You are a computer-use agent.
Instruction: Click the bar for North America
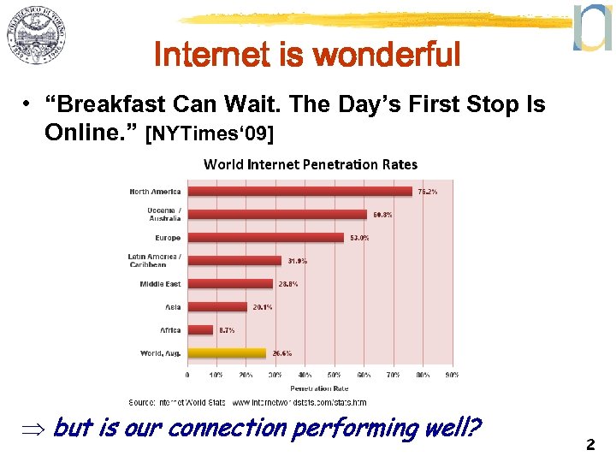tap(299, 192)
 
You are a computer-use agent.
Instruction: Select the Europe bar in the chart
tap(266, 238)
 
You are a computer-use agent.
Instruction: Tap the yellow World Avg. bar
tap(227, 352)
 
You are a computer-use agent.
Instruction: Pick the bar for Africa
tap(200, 329)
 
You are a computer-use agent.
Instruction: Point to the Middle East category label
tap(160, 284)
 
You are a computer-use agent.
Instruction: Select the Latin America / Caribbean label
tap(154, 261)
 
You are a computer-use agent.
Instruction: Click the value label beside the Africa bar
tap(226, 329)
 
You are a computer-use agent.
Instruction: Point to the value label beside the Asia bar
tap(261, 306)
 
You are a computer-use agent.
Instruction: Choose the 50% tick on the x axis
tap(335, 375)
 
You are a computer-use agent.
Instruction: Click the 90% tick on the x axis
tap(452, 375)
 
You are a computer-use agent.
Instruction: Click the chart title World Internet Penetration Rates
tap(310, 164)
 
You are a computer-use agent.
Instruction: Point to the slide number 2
tap(589, 445)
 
